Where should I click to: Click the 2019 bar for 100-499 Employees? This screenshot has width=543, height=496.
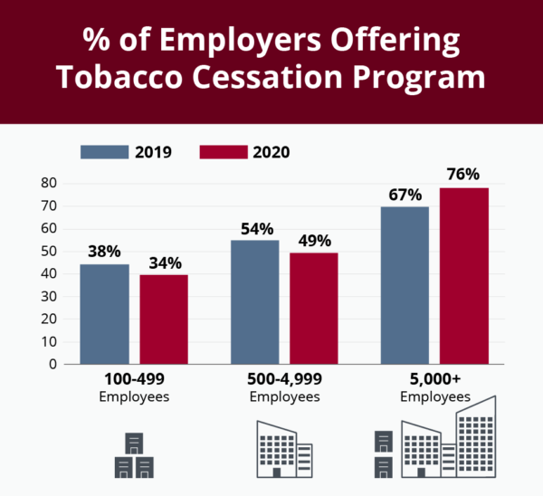tap(104, 314)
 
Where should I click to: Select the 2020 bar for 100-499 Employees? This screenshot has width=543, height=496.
tap(164, 319)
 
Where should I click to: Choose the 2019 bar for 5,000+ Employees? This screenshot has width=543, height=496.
tap(405, 285)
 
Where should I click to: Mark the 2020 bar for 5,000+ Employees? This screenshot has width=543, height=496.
tap(464, 276)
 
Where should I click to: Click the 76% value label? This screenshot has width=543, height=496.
tap(462, 174)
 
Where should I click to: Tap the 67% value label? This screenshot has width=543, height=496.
tap(405, 195)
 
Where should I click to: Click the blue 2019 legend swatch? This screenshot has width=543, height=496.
tap(104, 151)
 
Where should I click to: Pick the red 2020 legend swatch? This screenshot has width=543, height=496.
tap(222, 151)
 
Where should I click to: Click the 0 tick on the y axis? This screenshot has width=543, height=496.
tap(53, 364)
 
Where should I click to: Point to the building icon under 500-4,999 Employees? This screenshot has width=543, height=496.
tap(284, 449)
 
